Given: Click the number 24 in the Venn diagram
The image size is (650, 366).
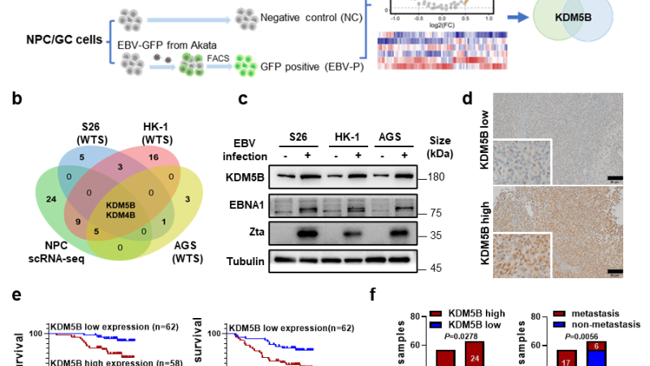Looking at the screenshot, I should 50,198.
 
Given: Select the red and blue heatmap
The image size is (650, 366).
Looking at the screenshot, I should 442,51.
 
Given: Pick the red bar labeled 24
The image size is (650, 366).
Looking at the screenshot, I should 474,355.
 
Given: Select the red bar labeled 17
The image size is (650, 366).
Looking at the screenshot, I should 567,358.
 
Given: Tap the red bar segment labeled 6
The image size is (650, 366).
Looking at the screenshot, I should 596,346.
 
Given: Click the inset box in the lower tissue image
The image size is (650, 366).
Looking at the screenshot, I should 521,255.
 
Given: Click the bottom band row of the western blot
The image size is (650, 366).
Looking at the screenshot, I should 343,261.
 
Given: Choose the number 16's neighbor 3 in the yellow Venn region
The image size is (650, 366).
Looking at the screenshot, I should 187,198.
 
